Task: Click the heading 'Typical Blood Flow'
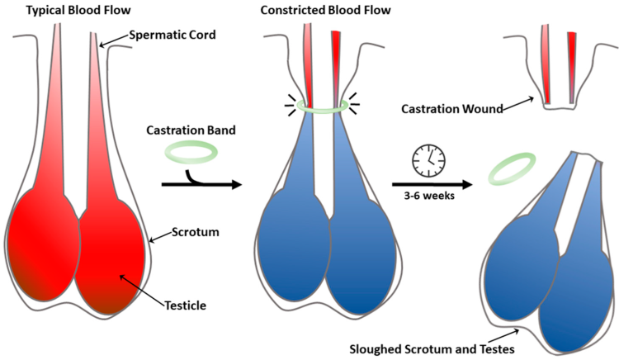[64, 9]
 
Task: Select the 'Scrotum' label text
[196, 233]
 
